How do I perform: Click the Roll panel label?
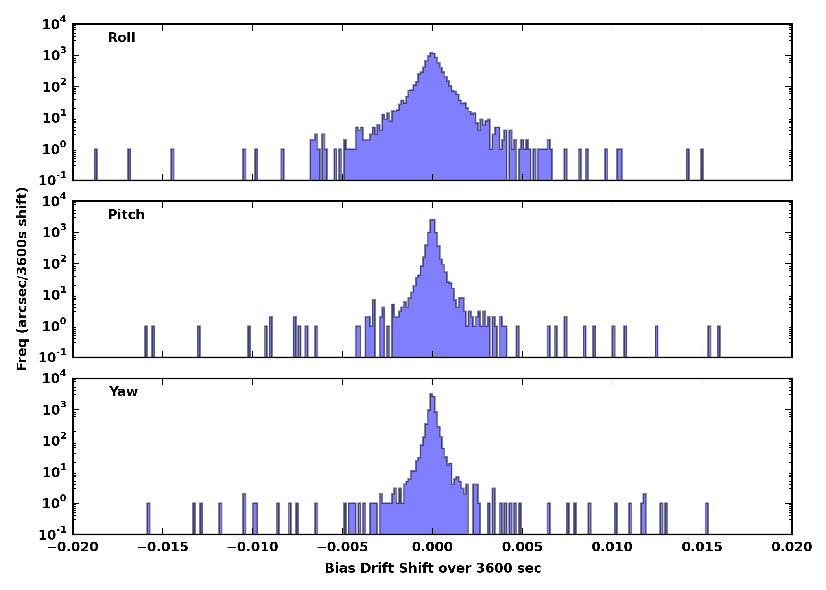click(x=122, y=38)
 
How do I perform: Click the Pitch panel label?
click(x=126, y=215)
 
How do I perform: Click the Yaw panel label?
click(x=124, y=392)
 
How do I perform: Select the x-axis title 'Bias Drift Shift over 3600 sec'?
click(x=433, y=568)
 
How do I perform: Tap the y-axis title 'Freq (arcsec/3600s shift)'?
click(x=22, y=279)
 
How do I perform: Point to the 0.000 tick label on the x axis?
click(x=432, y=547)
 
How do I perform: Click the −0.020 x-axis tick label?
click(x=72, y=547)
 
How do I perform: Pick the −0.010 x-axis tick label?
click(x=252, y=547)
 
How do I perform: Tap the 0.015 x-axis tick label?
click(x=702, y=547)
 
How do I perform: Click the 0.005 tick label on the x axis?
click(x=522, y=547)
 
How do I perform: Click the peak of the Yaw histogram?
click(x=431, y=395)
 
